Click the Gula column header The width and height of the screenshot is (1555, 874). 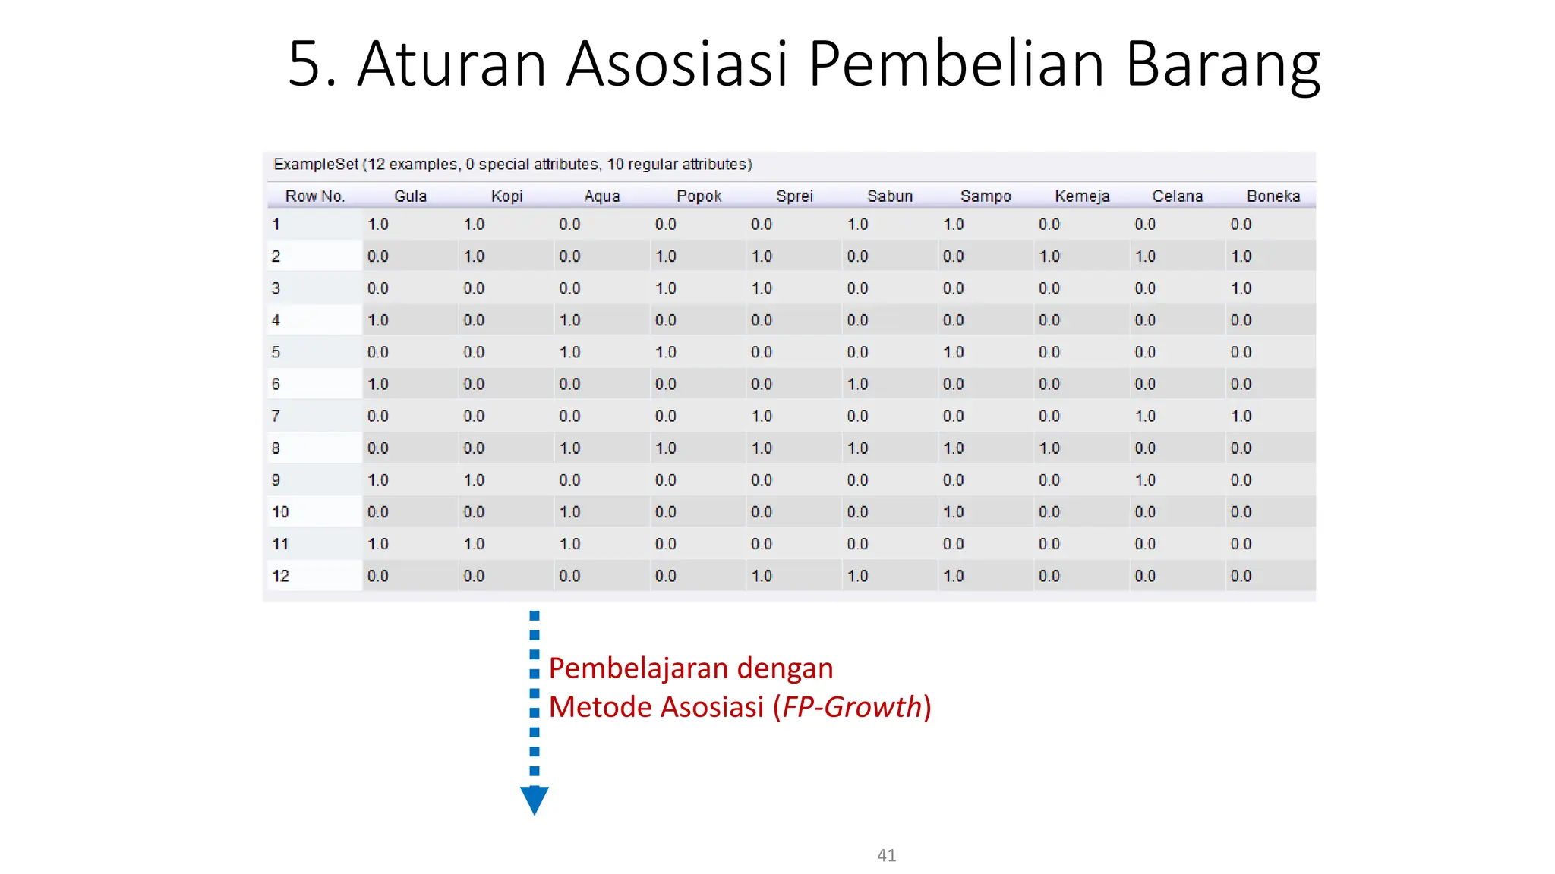point(410,196)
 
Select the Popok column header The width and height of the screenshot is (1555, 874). point(699,196)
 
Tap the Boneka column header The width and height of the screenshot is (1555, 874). point(1273,196)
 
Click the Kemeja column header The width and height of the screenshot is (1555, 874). point(1081,196)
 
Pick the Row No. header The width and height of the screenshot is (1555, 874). point(314,196)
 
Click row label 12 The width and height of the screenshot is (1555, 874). point(280,576)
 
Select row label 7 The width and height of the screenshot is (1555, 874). point(276,416)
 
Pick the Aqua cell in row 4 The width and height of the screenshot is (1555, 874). point(569,320)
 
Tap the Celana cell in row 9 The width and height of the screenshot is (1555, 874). point(1145,480)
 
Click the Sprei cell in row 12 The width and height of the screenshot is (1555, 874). point(762,576)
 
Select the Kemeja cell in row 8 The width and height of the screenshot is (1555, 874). point(1049,448)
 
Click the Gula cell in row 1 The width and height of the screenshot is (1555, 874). point(378,225)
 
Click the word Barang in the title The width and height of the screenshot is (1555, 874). point(1222,64)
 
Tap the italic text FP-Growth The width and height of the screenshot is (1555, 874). point(852,707)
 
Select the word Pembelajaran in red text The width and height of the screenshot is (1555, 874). point(638,668)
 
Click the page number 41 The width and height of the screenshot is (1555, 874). point(886,855)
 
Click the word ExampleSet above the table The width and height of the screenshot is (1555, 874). point(315,165)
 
